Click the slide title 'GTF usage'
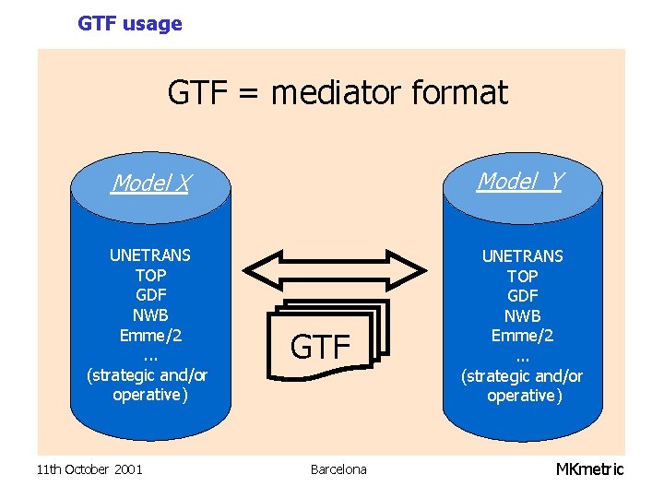coord(130,24)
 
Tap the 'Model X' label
coord(149,184)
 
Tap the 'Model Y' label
coord(520,181)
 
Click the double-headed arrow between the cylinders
coord(334,268)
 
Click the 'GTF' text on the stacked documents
coord(321,347)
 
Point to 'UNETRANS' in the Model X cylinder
coord(150,255)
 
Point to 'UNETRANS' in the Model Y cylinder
coord(522,255)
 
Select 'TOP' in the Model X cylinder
coord(150,275)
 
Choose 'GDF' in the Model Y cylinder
coord(522,296)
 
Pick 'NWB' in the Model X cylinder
coord(150,315)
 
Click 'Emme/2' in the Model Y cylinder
coord(522,336)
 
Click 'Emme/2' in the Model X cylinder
coord(150,335)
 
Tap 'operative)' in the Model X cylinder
coord(150,395)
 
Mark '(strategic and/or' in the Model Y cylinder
coord(522,375)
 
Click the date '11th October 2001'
coord(89,469)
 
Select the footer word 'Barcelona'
coord(338,469)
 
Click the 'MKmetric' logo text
coord(589,469)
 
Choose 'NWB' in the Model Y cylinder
coord(522,316)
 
